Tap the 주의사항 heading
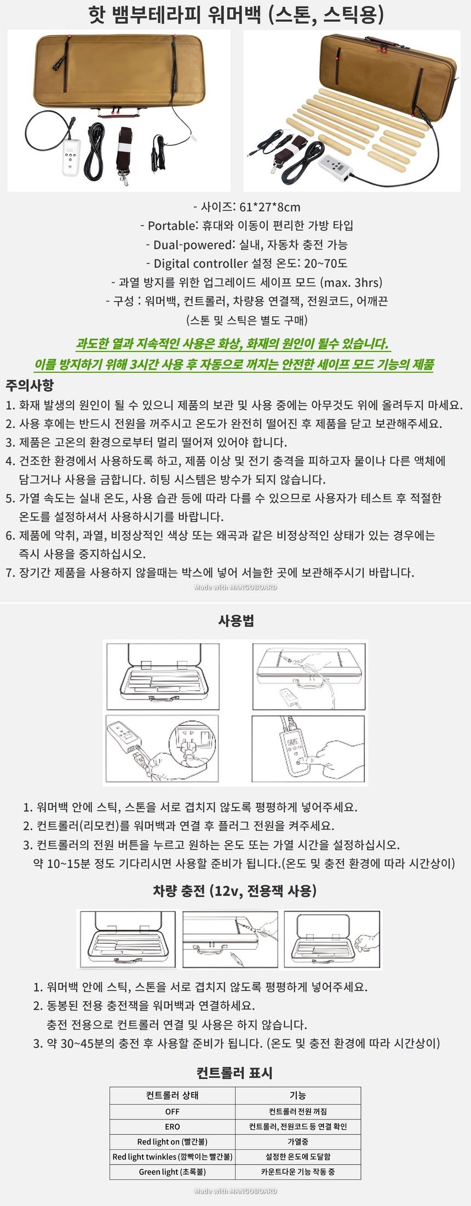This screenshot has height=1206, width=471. pos(30,385)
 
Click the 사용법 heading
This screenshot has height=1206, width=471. pos(236,620)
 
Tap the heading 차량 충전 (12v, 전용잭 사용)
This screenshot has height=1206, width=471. pos(235,891)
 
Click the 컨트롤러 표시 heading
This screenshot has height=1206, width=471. pos(235,1072)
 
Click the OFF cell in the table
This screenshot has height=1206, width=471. pos(173,1111)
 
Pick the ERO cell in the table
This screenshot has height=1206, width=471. pos(173,1126)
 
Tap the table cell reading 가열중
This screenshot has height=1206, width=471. pos(298,1141)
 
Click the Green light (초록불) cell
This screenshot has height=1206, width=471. pos(173,1172)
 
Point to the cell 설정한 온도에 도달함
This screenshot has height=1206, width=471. pos(298,1156)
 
